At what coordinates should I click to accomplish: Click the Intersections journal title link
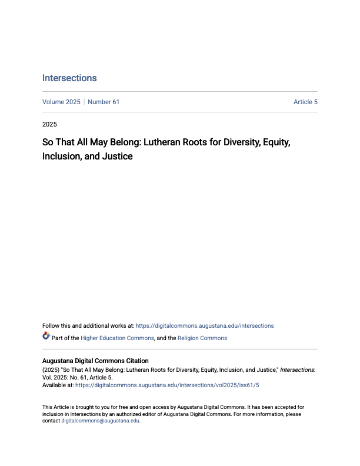click(x=69, y=78)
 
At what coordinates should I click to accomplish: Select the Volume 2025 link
click(x=61, y=102)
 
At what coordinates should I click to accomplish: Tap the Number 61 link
click(x=104, y=102)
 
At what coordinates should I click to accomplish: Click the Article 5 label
click(x=305, y=102)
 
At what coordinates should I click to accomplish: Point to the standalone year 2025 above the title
click(x=49, y=124)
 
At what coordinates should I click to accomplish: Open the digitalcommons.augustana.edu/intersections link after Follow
click(x=205, y=325)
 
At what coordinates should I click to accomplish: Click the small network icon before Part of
click(x=46, y=337)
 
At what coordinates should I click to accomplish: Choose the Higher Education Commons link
click(x=118, y=338)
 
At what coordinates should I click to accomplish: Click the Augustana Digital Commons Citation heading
click(x=95, y=361)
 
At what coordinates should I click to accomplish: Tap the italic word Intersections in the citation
click(x=298, y=370)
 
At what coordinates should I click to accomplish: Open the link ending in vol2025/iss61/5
click(x=167, y=385)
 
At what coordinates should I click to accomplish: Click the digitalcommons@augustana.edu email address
click(x=101, y=421)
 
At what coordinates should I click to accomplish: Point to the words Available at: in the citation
click(x=58, y=385)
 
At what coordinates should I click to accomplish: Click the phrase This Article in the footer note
click(x=55, y=407)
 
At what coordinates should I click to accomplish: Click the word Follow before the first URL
click(x=51, y=325)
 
